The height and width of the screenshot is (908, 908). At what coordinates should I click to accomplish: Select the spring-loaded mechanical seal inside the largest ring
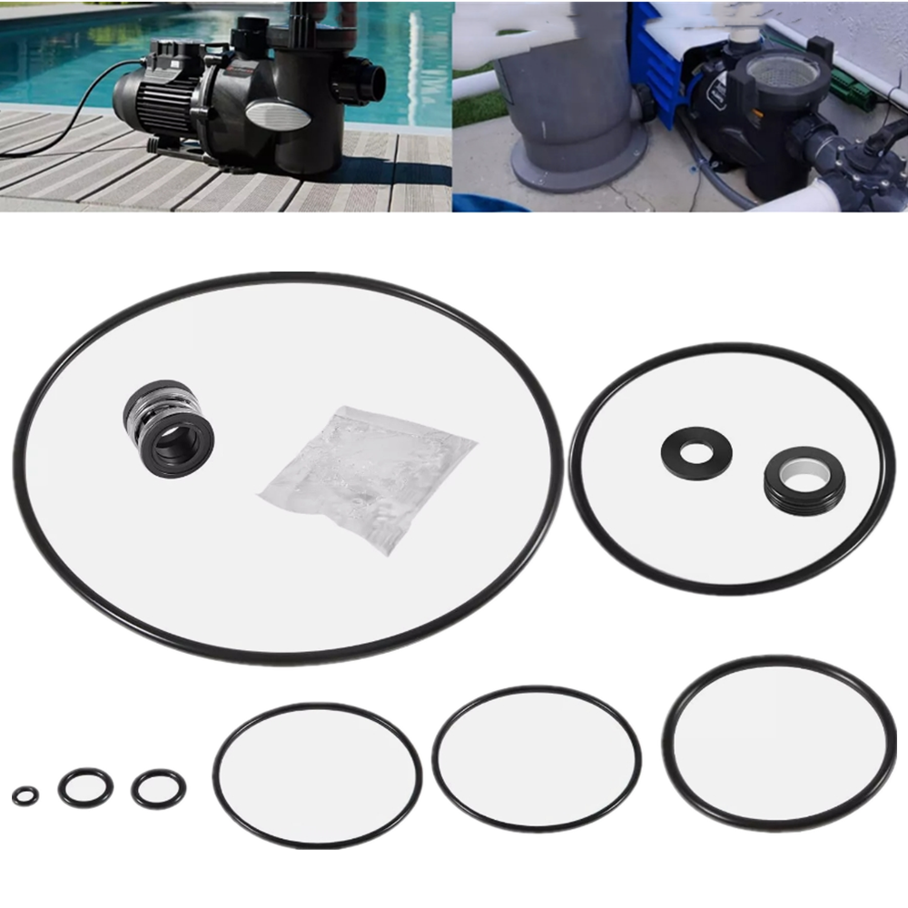[169, 425]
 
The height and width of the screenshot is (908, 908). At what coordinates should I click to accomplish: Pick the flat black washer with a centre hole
[696, 452]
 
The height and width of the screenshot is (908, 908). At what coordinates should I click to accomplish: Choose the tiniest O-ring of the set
[25, 796]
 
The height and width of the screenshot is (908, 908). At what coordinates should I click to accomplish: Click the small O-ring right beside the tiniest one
[85, 788]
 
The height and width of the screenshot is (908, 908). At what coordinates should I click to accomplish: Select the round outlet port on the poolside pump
[369, 81]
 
